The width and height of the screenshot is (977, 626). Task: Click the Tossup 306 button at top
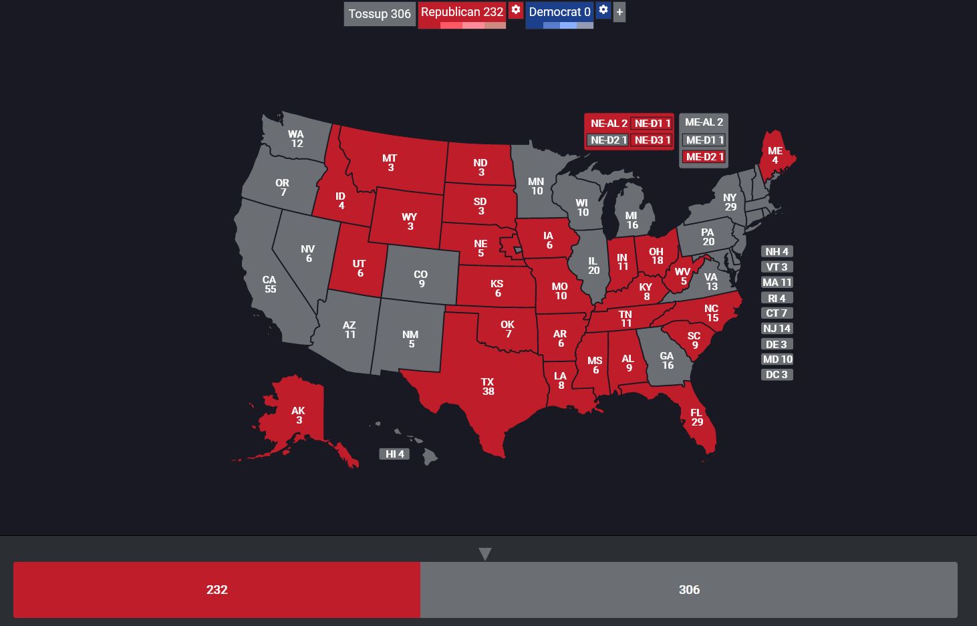tap(380, 14)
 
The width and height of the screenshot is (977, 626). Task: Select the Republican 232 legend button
tap(462, 13)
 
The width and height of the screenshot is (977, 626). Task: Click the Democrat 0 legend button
tap(559, 13)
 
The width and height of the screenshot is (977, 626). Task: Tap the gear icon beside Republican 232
tap(516, 10)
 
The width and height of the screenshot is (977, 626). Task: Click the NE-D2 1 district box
tap(608, 140)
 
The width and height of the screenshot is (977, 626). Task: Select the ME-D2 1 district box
tap(704, 157)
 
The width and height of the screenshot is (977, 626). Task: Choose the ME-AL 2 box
tap(704, 122)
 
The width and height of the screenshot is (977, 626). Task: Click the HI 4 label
tap(394, 454)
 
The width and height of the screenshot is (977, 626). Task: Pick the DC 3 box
tap(777, 375)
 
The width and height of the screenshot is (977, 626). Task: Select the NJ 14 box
tap(777, 329)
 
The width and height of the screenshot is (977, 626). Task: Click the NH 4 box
tap(777, 252)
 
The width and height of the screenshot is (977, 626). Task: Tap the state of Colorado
tap(420, 274)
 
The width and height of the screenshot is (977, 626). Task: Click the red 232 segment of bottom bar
tap(217, 590)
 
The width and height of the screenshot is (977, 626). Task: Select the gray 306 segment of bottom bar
tap(688, 590)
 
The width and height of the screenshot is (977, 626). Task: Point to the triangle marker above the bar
tap(485, 554)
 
